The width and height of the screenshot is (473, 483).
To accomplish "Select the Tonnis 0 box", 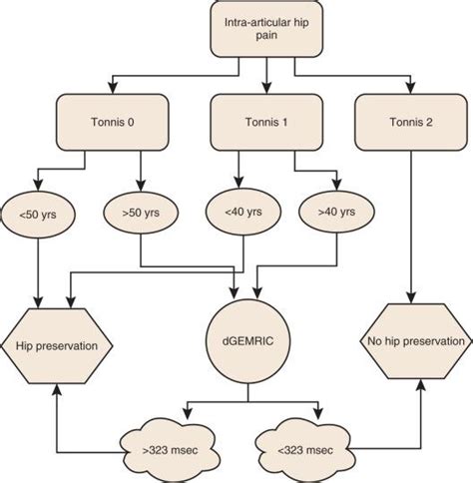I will point(109,123).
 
